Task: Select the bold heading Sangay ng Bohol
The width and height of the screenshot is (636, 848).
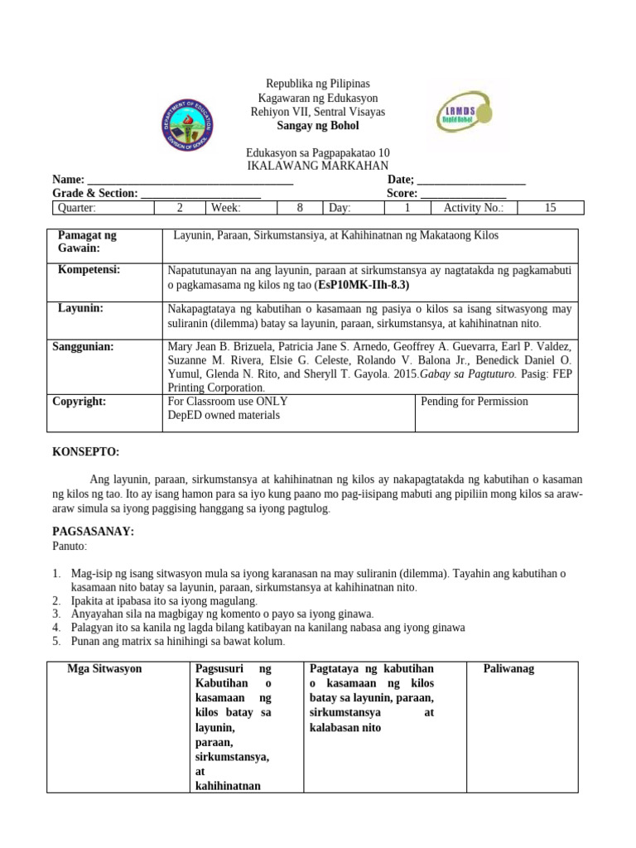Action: click(x=317, y=125)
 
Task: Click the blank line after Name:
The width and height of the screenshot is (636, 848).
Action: click(x=190, y=180)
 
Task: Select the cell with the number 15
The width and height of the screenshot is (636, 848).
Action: click(x=550, y=208)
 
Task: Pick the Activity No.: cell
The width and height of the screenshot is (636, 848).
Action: click(x=473, y=208)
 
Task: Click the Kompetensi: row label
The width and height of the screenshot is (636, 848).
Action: click(x=89, y=270)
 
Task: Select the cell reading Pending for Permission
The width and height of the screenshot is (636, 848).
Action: click(x=475, y=402)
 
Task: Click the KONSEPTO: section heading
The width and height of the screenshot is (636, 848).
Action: click(x=86, y=451)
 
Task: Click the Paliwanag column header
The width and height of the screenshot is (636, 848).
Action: click(x=508, y=668)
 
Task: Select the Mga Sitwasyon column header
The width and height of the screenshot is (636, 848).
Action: click(x=104, y=668)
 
